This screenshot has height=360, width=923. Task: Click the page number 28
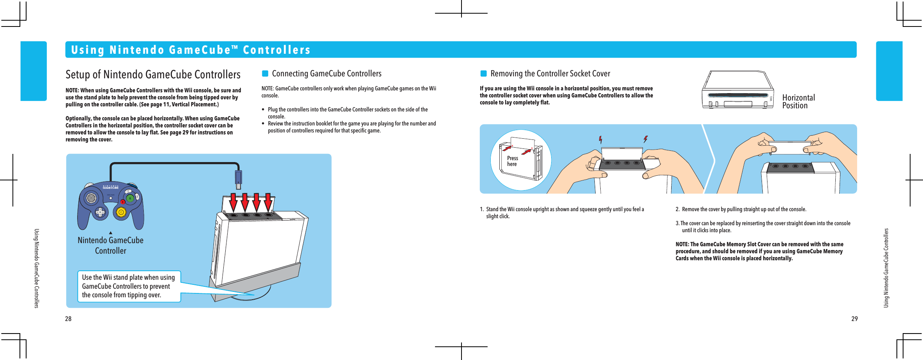(68, 319)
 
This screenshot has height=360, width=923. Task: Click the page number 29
(854, 319)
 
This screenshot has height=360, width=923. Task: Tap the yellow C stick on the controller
(121, 212)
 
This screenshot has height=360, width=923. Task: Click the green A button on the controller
(130, 198)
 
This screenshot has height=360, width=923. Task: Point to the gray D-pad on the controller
(101, 212)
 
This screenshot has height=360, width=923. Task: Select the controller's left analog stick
(91, 198)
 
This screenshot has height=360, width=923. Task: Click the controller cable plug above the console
(238, 177)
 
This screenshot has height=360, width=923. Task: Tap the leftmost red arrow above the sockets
(233, 202)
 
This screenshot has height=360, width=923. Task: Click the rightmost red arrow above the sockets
(268, 202)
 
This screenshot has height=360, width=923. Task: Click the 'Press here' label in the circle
(512, 161)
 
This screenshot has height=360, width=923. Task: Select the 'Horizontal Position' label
(798, 102)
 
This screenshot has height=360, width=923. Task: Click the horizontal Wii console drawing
(737, 90)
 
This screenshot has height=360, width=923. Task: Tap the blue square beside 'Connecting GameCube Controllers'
(265, 74)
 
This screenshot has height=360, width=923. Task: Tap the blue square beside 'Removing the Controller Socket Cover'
(483, 74)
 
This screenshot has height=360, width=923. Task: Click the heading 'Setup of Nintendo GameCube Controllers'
(153, 74)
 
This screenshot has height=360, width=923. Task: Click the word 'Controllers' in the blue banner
(277, 50)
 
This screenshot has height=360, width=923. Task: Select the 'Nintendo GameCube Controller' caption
(111, 245)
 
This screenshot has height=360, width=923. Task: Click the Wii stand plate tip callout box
(129, 286)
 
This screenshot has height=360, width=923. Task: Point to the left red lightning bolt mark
(601, 139)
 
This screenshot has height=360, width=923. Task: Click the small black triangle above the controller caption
(111, 233)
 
